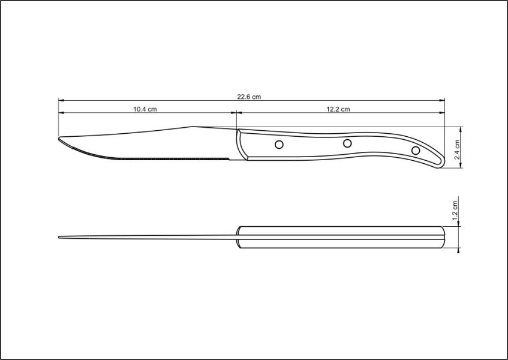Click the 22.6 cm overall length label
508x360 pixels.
click(x=249, y=96)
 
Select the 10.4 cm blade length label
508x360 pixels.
click(x=145, y=109)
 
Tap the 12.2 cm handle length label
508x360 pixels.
click(x=338, y=109)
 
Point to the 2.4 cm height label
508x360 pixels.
click(x=456, y=148)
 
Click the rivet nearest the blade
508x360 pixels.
click(x=279, y=144)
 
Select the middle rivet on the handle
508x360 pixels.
click(x=347, y=143)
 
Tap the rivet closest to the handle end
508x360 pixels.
click(x=416, y=149)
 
